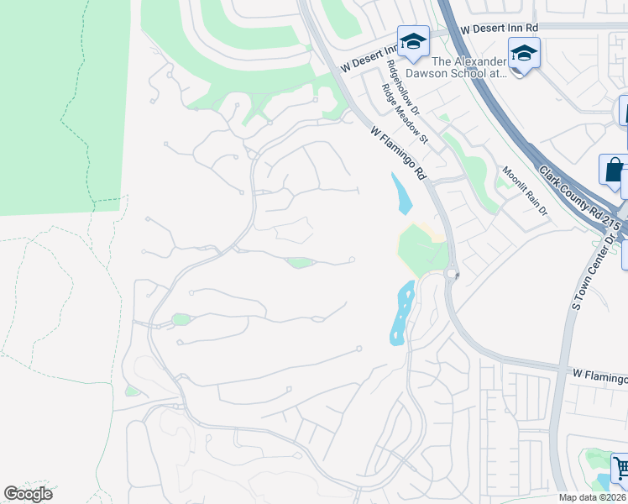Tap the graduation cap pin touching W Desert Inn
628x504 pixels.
(413, 42)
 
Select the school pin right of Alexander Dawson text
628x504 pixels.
(524, 53)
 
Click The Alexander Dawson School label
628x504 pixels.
(469, 67)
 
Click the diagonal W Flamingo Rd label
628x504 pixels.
(400, 152)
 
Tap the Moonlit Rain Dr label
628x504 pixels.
(525, 192)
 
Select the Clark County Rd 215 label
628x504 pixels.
(580, 202)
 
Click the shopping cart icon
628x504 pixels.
(620, 467)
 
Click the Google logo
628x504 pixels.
(28, 494)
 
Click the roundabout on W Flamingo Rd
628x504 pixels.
(453, 275)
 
